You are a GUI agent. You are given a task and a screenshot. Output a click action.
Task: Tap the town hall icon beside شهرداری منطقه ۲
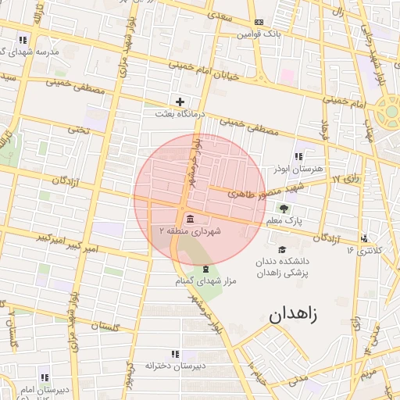(191, 217)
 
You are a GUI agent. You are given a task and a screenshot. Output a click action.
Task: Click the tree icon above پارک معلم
(284, 209)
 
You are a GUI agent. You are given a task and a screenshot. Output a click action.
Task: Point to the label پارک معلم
(284, 222)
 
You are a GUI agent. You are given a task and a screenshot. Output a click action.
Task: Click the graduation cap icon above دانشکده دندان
(282, 248)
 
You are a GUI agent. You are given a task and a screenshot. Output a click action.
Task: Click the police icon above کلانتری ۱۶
(364, 237)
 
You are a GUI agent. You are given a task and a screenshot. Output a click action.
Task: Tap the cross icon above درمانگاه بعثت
(180, 102)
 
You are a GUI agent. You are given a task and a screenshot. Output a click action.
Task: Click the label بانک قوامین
(259, 34)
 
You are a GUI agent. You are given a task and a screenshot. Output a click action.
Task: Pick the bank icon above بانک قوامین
(259, 22)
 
